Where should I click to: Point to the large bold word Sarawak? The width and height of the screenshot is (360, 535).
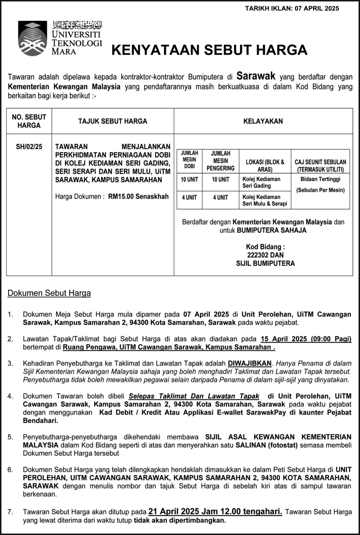pos(256,76)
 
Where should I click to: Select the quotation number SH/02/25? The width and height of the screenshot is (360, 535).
pos(29,147)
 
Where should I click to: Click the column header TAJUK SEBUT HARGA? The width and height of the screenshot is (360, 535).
pos(112,121)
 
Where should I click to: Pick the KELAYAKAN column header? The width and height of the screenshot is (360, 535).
pos(263,121)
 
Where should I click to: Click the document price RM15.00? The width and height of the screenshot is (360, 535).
pos(121,196)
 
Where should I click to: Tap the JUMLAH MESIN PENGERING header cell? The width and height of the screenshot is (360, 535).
pos(220,161)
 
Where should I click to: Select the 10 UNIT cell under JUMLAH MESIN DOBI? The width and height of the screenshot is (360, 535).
pos(189,179)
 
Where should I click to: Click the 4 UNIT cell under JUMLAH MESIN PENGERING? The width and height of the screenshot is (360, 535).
pos(220,197)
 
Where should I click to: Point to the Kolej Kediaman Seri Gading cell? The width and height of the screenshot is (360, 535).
pos(261,182)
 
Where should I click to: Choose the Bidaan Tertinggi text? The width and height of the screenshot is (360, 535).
pos(320,179)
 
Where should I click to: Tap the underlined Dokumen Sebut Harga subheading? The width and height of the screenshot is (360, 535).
pos(49,293)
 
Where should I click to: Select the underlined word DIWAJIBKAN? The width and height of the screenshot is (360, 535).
pos(249,363)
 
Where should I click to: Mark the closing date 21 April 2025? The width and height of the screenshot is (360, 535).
pos(175,511)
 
